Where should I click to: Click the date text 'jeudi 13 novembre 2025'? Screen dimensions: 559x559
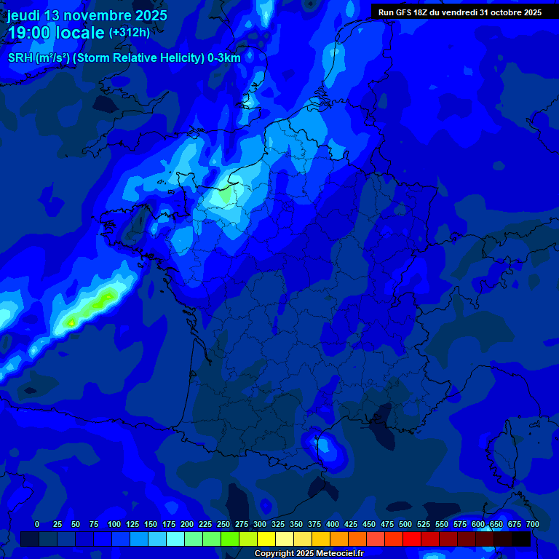pyautogui.click(x=87, y=15)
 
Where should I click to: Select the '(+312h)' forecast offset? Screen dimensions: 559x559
pyautogui.click(x=129, y=33)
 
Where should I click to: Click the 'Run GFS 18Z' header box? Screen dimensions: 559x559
pyautogui.click(x=459, y=12)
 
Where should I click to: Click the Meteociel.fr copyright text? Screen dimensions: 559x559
pyautogui.click(x=308, y=553)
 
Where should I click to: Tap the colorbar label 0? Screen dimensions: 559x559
pyautogui.click(x=37, y=524)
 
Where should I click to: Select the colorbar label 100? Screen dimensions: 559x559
pyautogui.click(x=114, y=524)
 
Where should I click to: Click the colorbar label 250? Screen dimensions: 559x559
pyautogui.click(x=223, y=524)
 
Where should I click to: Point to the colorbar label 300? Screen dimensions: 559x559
pyautogui.click(x=260, y=524)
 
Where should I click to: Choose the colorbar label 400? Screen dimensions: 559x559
pyautogui.click(x=333, y=524)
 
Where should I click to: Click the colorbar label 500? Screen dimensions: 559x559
pyautogui.click(x=405, y=524)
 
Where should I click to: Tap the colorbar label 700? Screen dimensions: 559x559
pyautogui.click(x=532, y=524)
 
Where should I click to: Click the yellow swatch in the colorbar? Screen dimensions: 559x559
pyautogui.click(x=266, y=539)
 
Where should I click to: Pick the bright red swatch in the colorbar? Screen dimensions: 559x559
pyautogui.click(x=412, y=539)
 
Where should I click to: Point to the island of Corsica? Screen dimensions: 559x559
pyautogui.click(x=503, y=451)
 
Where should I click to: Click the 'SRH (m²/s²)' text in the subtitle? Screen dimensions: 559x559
pyautogui.click(x=34, y=58)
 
